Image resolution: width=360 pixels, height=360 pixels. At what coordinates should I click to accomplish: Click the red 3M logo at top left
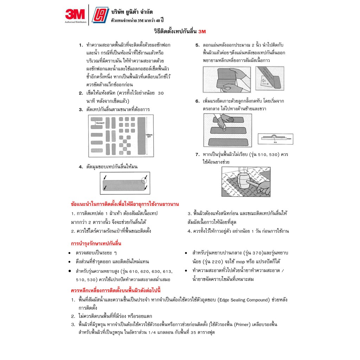[75, 14]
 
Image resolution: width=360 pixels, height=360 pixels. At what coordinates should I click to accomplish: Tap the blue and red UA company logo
[100, 15]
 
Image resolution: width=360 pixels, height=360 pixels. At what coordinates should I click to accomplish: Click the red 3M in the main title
[202, 32]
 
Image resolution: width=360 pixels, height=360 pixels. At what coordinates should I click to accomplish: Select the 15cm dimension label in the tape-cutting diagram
[100, 123]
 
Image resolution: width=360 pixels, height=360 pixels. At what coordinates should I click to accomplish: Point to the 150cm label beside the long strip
[149, 135]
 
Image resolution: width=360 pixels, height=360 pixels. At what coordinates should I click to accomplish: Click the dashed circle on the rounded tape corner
[144, 180]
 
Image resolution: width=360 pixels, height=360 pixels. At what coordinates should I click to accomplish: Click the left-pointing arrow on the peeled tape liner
[264, 81]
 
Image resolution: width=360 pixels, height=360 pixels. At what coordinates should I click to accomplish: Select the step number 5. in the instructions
[198, 45]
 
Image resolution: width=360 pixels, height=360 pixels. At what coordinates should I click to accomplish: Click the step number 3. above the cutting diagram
[81, 110]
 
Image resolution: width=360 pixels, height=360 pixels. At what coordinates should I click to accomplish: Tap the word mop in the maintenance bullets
[240, 262]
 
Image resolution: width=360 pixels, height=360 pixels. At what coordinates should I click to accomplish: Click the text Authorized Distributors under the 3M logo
[76, 22]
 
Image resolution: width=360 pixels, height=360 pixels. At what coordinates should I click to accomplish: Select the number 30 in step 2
[161, 93]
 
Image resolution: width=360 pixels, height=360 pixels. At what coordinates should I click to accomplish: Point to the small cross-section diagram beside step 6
[275, 139]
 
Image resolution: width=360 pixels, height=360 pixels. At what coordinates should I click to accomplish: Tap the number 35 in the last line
[193, 333]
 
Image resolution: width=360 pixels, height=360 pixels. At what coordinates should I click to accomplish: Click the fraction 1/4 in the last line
[152, 333]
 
